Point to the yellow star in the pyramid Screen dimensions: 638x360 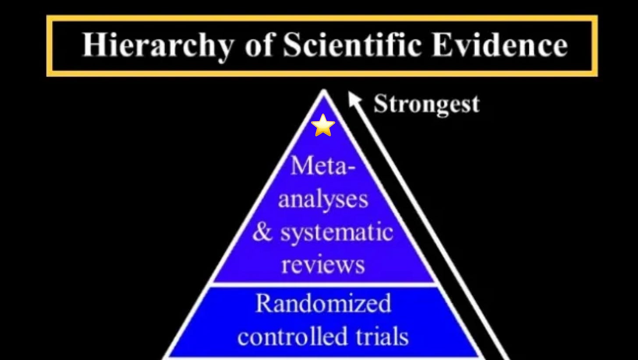323,125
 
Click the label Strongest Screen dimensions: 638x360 426,105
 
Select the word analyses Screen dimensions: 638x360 323,200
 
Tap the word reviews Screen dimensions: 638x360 323,264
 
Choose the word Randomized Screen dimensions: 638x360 323,303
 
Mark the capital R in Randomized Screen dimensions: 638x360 263,303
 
